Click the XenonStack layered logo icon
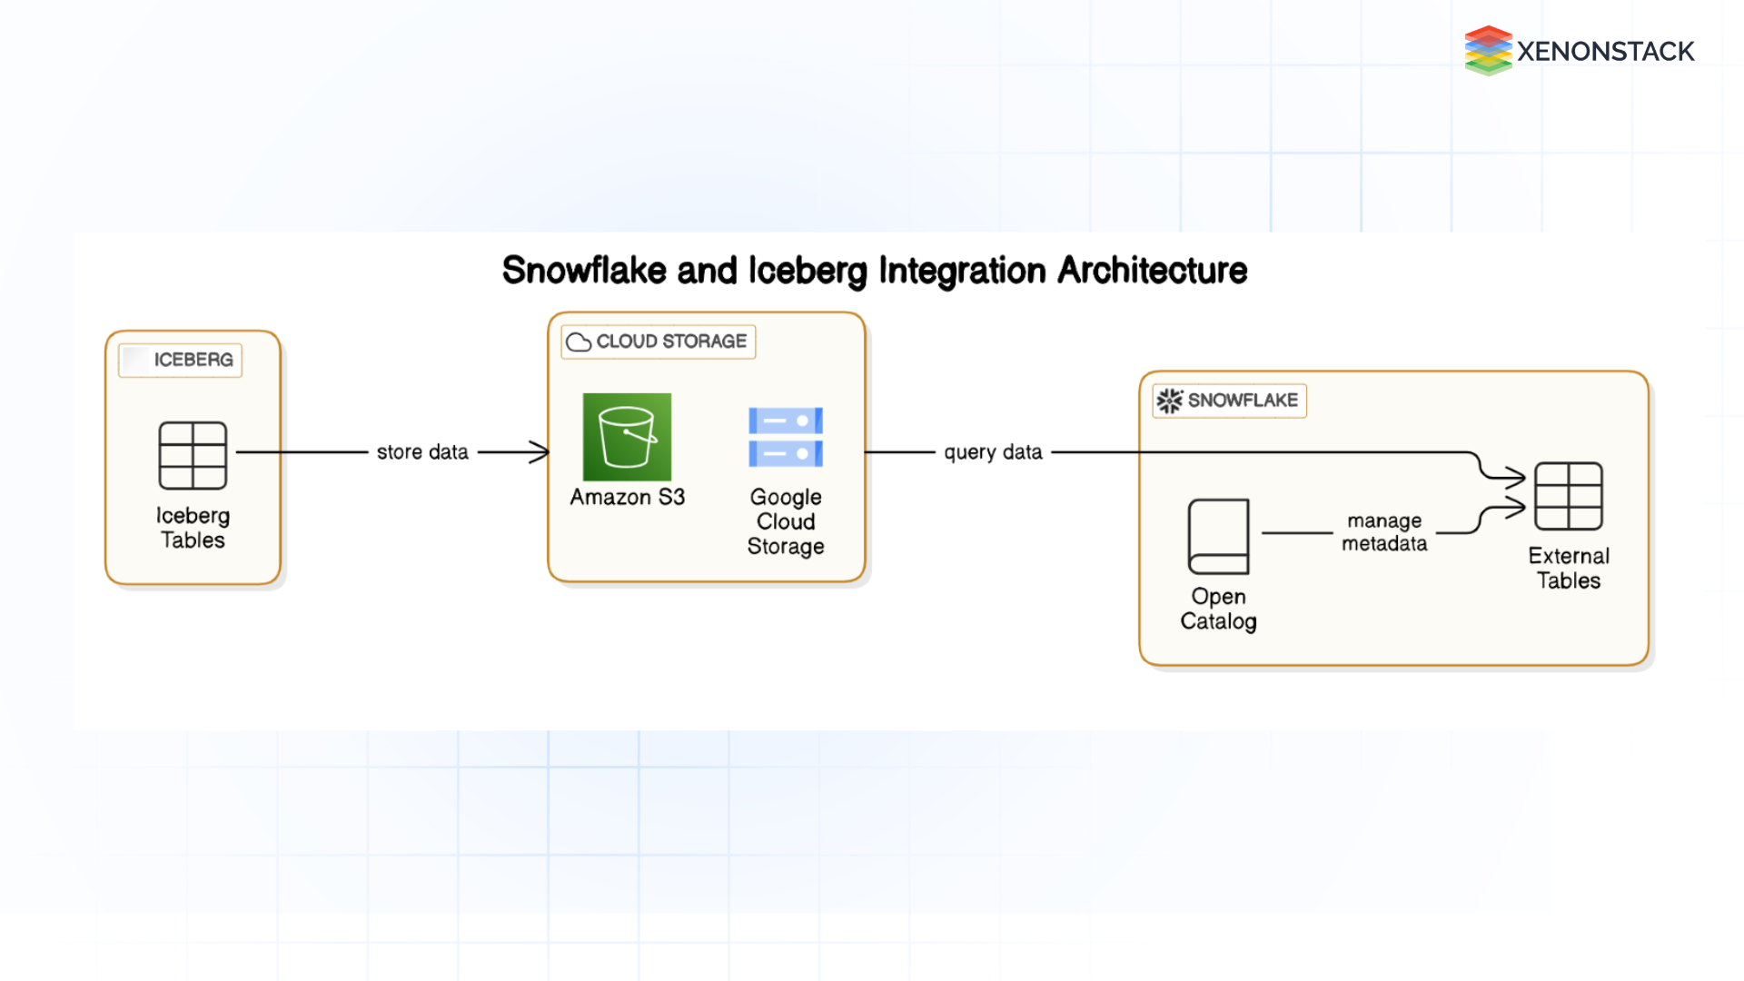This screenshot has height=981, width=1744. pos(1488,51)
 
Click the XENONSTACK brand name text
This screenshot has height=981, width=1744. pos(1605,52)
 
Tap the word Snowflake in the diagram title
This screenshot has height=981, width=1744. pos(584,271)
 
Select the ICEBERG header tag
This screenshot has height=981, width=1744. pos(180,360)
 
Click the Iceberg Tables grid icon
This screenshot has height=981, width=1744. pos(193,455)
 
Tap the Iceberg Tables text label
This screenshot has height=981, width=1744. pos(193,528)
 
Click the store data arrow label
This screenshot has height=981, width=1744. pos(422,452)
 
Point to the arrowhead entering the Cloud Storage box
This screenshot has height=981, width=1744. pos(541,452)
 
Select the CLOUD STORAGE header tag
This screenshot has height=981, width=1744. pos(659,342)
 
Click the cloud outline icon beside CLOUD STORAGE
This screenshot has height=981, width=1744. pos(579,342)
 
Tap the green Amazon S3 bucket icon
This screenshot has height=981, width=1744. pos(627,437)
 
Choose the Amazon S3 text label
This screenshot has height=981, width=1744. pos(627,497)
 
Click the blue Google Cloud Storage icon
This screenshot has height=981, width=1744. pos(786,437)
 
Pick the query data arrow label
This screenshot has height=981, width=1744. pos(993,452)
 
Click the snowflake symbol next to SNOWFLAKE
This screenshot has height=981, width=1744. pos(1169,401)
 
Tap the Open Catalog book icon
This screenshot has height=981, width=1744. pos(1218,536)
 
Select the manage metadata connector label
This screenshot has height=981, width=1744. pos(1384,532)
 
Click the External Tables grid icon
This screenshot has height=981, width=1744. pos(1568,496)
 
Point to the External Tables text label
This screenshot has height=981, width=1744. pos(1568,568)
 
